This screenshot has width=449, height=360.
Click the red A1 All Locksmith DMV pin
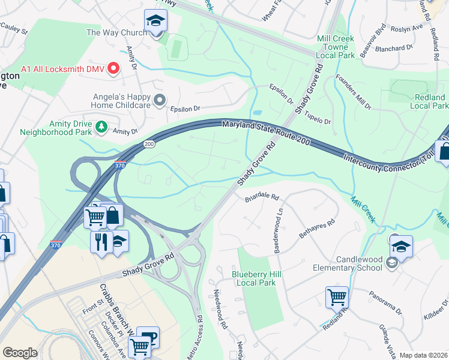click(x=113, y=70)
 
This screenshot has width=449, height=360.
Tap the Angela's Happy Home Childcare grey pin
click(x=159, y=100)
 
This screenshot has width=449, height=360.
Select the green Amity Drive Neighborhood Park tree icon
click(x=102, y=127)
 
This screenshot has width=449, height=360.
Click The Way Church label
click(x=116, y=32)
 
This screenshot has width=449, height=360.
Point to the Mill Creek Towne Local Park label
click(x=335, y=46)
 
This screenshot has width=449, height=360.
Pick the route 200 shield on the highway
click(x=148, y=144)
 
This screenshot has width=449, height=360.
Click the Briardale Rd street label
click(x=262, y=197)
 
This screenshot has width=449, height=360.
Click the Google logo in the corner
click(x=20, y=353)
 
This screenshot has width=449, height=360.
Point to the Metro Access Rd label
click(x=198, y=326)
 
